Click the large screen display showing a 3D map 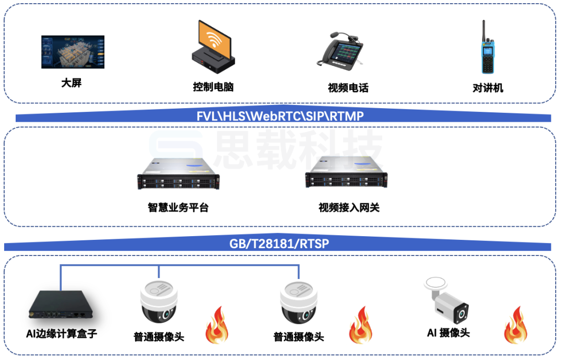[73, 52]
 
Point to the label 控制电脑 [213, 87]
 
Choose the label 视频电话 [348, 88]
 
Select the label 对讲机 [488, 88]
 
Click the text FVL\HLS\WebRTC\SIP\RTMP [280, 116]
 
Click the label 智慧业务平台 [178, 208]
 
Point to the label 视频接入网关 [349, 208]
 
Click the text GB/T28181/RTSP [279, 243]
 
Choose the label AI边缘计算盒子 [62, 333]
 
